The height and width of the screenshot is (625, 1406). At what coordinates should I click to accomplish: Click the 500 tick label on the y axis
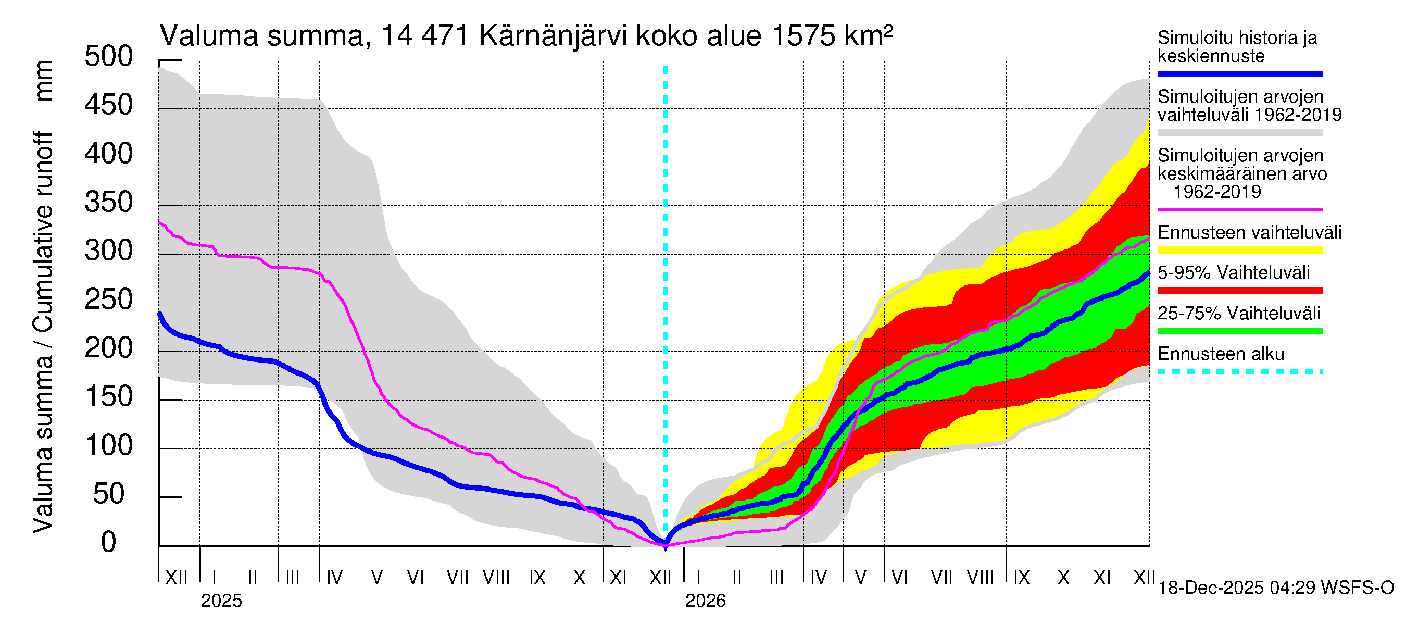109,57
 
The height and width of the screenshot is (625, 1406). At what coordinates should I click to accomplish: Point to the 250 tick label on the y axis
109,299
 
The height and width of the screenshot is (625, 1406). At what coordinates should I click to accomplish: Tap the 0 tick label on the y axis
109,543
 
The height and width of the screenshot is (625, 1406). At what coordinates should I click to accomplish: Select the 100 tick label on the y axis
109,445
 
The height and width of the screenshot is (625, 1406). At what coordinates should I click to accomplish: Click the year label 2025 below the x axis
221,601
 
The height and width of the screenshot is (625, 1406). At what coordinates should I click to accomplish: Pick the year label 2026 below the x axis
705,601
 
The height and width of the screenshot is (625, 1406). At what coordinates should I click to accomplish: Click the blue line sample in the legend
1239,73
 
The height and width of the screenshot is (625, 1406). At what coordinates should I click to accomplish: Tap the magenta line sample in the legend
1239,209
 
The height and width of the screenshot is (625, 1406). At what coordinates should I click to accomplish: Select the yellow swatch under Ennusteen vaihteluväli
1239,251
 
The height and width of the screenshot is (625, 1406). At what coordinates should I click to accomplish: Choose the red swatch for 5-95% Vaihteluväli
1239,291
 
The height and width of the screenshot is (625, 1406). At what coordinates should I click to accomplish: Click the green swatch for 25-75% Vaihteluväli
1239,331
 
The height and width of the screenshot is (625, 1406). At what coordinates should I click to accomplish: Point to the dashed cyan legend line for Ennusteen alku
1239,372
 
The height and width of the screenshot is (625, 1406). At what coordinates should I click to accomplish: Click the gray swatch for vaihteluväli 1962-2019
1239,133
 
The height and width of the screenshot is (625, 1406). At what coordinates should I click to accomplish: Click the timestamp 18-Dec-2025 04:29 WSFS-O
1275,588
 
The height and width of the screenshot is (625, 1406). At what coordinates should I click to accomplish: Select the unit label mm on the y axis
43,81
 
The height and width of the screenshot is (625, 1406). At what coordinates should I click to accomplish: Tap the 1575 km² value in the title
832,36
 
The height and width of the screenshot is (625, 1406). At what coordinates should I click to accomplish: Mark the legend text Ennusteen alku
1221,354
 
